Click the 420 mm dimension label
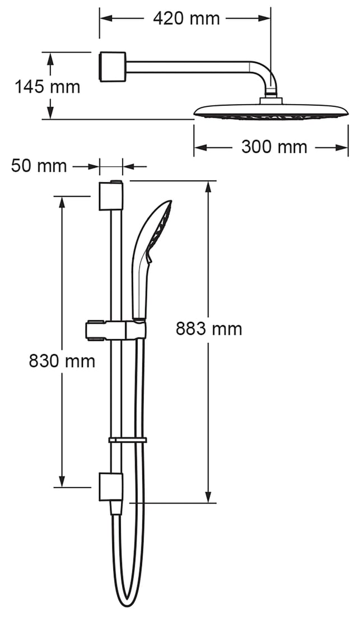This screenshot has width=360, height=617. pos(186,18)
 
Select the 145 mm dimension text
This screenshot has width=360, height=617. pos(47,87)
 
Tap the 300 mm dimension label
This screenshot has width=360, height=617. pos(274,147)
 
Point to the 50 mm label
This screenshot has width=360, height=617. pos(39,166)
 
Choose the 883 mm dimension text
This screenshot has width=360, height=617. pos(209,329)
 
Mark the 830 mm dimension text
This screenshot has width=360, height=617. pos(62,361)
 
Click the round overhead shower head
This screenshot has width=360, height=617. pos(271,110)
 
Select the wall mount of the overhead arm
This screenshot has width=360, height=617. pos(112,67)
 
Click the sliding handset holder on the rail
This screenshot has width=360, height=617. pos(115,330)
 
